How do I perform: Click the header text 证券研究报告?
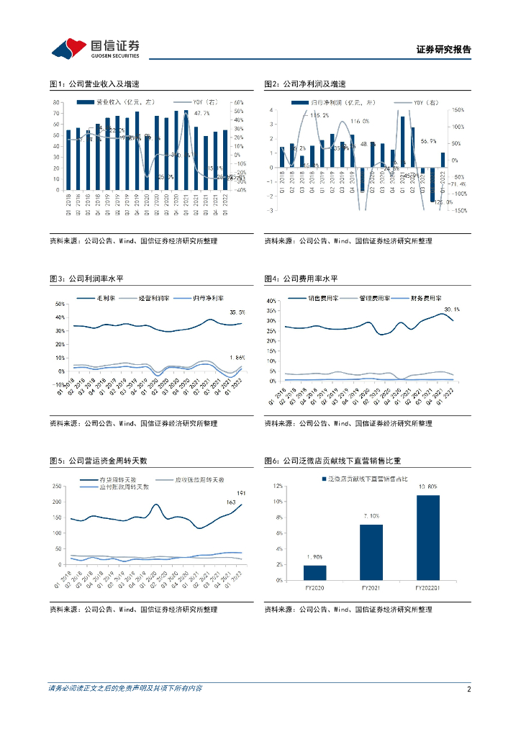point(444,50)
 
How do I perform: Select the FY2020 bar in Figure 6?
point(314,572)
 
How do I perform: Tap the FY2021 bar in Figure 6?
point(371,552)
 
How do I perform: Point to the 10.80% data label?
point(427,487)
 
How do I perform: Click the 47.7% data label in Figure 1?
point(201,113)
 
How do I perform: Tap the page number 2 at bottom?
point(468,689)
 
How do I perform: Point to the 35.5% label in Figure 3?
point(237,312)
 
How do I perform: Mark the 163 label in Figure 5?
point(231,502)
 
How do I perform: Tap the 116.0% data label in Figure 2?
point(360,121)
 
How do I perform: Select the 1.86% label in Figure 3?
point(237,358)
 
